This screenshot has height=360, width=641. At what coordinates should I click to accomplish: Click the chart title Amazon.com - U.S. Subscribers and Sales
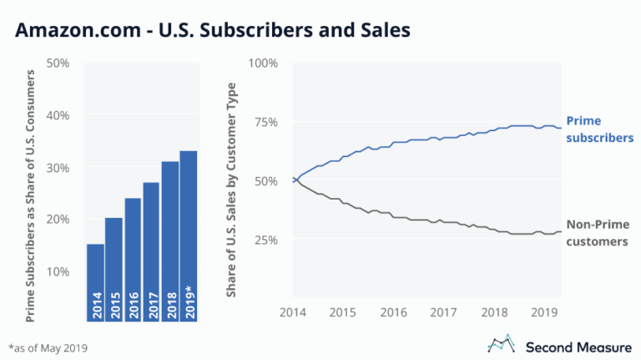(x=213, y=31)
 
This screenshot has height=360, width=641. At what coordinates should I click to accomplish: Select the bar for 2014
(x=94, y=284)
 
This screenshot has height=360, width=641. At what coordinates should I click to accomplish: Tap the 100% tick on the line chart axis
(x=265, y=63)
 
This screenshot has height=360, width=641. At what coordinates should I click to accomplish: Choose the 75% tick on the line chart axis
(x=269, y=122)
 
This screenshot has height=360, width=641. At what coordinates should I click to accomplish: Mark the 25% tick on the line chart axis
(x=269, y=240)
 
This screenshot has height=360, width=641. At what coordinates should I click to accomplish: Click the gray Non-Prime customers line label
(x=597, y=232)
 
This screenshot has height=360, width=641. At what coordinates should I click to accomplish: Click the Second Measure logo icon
(x=501, y=344)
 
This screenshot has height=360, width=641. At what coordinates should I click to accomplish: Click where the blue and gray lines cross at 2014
(x=294, y=180)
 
